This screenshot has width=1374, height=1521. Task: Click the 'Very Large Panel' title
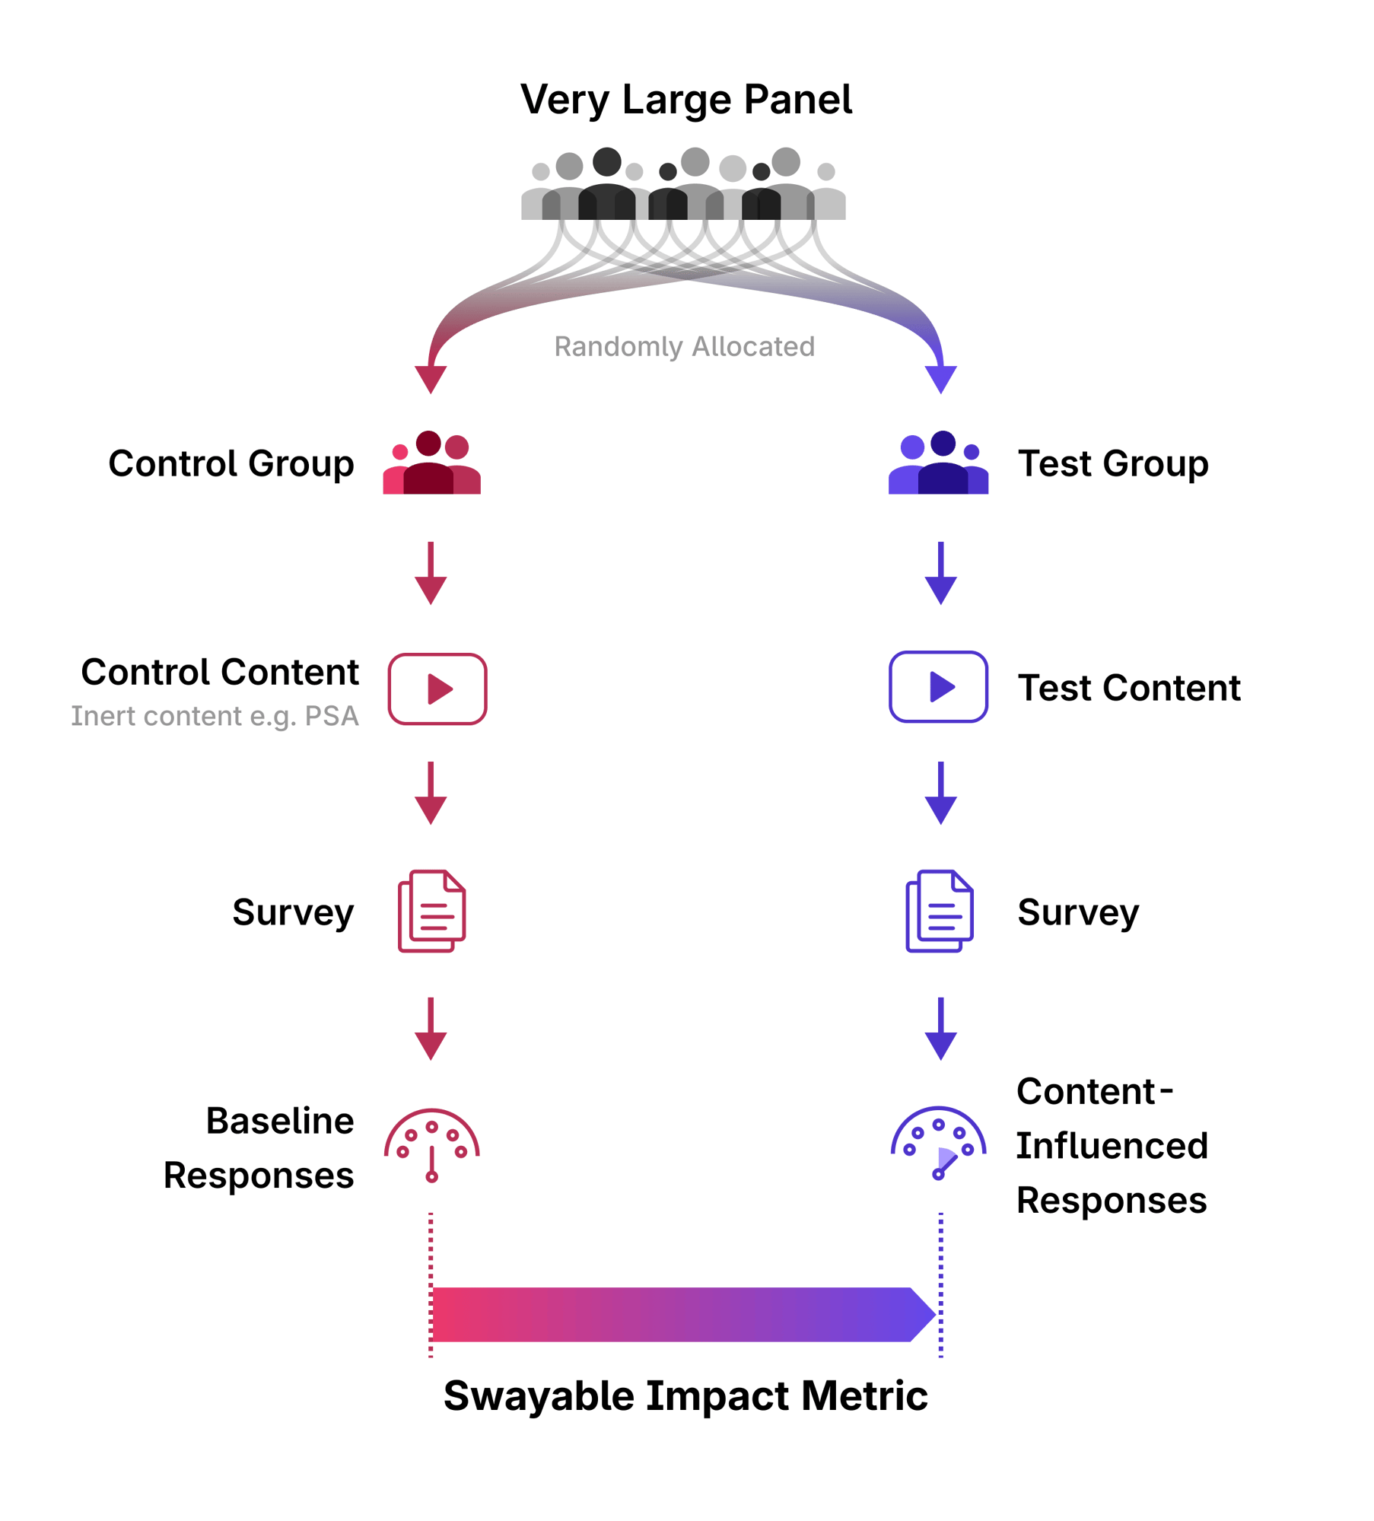pos(685,100)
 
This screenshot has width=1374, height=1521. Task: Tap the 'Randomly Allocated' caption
pos(684,346)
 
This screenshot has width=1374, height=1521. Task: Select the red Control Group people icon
pos(431,462)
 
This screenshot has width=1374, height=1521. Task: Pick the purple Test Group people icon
pos(938,462)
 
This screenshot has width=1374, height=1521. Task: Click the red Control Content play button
pos(437,689)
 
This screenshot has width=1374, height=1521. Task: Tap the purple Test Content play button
pos(938,686)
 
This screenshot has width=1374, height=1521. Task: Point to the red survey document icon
pos(431,911)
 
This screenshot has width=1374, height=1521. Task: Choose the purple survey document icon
pos(939,911)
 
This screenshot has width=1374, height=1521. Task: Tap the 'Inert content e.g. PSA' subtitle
pos(215,716)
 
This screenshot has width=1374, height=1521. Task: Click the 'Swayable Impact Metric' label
pos(685,1395)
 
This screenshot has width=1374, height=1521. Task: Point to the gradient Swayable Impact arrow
pos(683,1314)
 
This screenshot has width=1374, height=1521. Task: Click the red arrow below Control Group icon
pos(431,573)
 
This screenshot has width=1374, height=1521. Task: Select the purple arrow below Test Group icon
pos(941,573)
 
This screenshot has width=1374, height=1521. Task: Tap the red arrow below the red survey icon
pos(431,1029)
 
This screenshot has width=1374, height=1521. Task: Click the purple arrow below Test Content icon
pos(941,793)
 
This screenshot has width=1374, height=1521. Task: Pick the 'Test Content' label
pos(1129,688)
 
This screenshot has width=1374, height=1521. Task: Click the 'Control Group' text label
pos(231,463)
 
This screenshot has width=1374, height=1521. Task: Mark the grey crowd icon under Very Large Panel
pos(683,183)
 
